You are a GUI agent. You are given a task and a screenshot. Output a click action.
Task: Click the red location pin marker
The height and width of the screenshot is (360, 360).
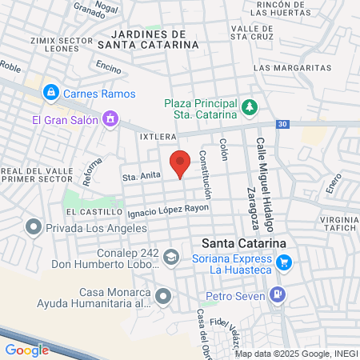(181, 162)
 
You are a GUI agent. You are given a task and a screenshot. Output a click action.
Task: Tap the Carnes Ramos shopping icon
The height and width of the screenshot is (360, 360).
(51, 93)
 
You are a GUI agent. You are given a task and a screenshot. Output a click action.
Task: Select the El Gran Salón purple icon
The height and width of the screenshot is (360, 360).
(110, 121)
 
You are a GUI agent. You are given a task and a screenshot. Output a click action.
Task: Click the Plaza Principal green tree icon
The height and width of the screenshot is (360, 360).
(250, 106)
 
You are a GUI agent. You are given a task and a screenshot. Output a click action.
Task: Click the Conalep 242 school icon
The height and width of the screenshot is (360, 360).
(170, 257)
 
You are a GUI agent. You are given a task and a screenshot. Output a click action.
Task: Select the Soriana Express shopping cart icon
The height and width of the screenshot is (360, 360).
(283, 262)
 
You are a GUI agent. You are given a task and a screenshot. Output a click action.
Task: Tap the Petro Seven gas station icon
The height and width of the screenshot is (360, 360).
(277, 294)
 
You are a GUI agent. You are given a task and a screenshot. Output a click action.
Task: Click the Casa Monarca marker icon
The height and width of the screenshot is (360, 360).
(163, 297)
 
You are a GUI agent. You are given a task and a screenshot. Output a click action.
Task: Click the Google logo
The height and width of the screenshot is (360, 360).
(26, 350)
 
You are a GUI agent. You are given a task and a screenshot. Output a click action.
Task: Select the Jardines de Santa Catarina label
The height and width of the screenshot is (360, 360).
(152, 40)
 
